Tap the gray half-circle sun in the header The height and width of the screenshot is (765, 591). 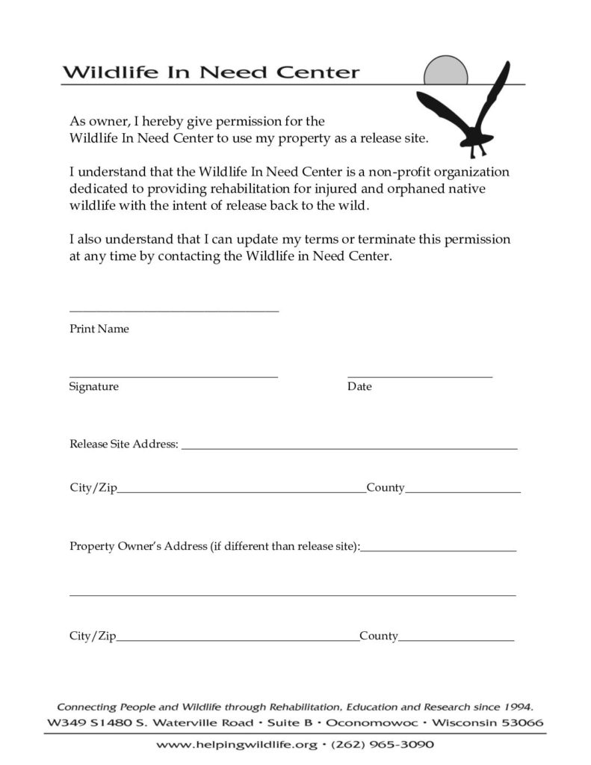tap(445, 72)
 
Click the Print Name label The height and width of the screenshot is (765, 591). tap(99, 329)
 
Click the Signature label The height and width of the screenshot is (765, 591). tap(94, 387)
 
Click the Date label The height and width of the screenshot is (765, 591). tap(359, 387)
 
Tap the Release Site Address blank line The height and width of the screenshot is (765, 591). tap(349, 448)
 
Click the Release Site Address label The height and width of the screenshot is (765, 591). tap(123, 444)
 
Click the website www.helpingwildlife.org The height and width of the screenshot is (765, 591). tap(237, 745)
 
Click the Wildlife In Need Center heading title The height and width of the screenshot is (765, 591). tap(211, 73)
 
